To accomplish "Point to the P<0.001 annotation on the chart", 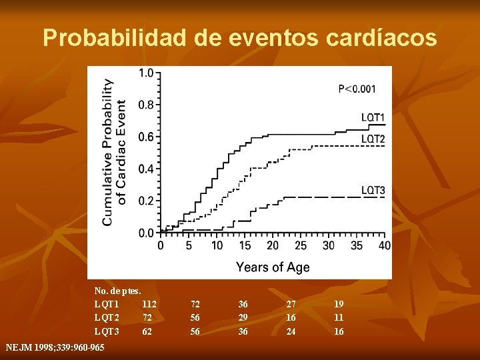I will point(357,89).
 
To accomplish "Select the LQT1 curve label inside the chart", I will point(373,118).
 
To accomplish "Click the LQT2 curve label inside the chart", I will point(373,139).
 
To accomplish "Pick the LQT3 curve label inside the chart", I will point(373,191).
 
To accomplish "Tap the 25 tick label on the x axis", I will point(301,246).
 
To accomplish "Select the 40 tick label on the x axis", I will point(385,246).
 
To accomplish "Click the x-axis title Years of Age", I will point(273,267).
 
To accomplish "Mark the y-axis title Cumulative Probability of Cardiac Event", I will point(113,152).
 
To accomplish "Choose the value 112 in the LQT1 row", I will point(149,304).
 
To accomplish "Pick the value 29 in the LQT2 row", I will point(243,318).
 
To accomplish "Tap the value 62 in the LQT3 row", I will point(147,331).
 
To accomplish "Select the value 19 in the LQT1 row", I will point(339,304).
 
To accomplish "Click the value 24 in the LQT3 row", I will point(291,331).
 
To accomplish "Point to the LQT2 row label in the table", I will point(107,318).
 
